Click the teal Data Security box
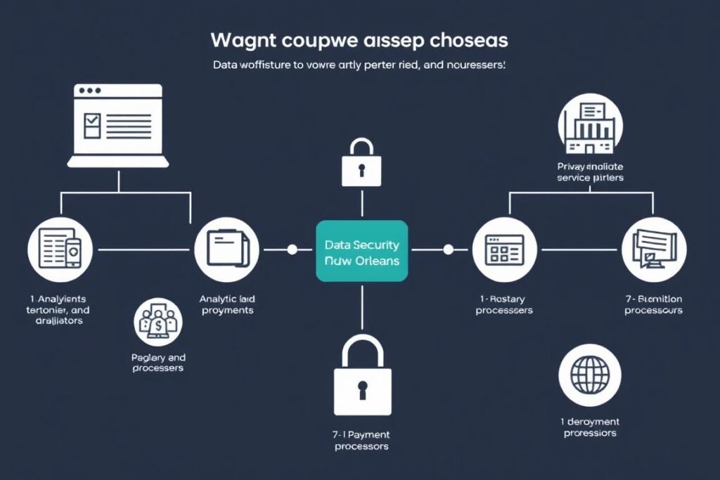[x=361, y=251]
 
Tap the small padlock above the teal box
[x=361, y=164]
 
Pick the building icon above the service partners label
[x=590, y=127]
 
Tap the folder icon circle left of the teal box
[x=226, y=249]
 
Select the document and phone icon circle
[x=59, y=249]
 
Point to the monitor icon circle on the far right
[x=653, y=249]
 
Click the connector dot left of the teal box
[x=292, y=249]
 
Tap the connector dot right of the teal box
[x=447, y=249]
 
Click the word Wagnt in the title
[x=245, y=41]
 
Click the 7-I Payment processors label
[x=361, y=440]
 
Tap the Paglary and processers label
[x=158, y=363]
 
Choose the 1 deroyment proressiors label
[x=589, y=427]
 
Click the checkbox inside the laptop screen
[x=92, y=125]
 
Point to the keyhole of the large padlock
[x=362, y=389]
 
